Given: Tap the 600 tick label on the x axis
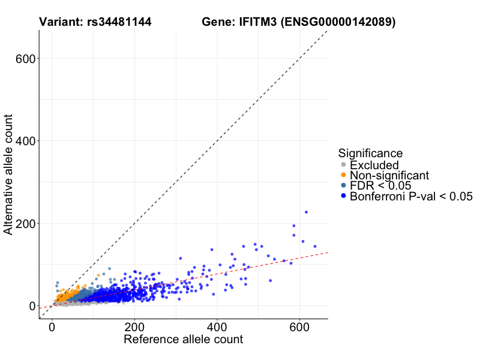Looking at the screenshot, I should [299, 328].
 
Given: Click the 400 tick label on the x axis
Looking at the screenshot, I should [217, 328].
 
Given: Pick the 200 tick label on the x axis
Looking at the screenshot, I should [135, 328].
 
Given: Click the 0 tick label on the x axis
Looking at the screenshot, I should [53, 328].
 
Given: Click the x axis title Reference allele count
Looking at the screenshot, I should [183, 340].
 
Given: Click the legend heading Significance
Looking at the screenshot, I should [370, 153].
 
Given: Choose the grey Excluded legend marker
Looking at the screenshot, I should [343, 165].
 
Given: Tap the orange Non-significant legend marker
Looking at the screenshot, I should [343, 175].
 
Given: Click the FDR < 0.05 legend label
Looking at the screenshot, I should [380, 186].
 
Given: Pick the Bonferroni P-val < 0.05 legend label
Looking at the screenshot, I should [412, 196].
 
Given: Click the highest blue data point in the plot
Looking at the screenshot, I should [306, 212].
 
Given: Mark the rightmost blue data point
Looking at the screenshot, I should [315, 246].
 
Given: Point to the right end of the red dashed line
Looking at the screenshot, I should [327, 253].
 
